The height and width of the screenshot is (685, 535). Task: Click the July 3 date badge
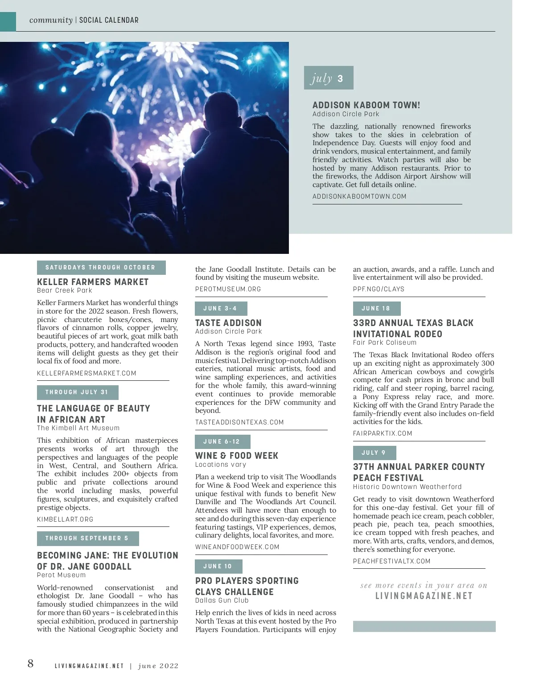(328, 78)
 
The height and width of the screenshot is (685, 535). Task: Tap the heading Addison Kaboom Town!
(366, 105)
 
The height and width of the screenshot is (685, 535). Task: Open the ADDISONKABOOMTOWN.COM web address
(359, 196)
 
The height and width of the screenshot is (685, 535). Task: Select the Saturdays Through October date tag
(101, 267)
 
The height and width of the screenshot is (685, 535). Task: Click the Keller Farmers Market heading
(93, 282)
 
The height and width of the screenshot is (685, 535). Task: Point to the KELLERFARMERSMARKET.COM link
(86, 373)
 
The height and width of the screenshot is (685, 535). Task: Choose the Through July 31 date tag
(77, 392)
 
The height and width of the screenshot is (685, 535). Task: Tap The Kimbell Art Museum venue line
(78, 428)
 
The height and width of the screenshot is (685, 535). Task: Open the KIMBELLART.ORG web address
(65, 519)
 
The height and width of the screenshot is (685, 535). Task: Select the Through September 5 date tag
(87, 538)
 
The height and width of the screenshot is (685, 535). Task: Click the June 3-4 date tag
(220, 308)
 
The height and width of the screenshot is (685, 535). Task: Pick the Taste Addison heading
(228, 323)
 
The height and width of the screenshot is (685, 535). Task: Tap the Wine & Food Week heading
(237, 456)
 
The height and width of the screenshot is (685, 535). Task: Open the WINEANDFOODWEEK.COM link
(237, 547)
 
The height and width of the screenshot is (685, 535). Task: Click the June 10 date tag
(218, 566)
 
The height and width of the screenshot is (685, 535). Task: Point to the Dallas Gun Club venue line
(222, 600)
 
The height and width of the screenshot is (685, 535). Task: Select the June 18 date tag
(376, 308)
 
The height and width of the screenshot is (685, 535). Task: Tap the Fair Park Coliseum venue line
(385, 342)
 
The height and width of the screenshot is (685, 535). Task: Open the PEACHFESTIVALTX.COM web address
(392, 561)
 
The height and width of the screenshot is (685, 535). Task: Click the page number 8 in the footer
(30, 664)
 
